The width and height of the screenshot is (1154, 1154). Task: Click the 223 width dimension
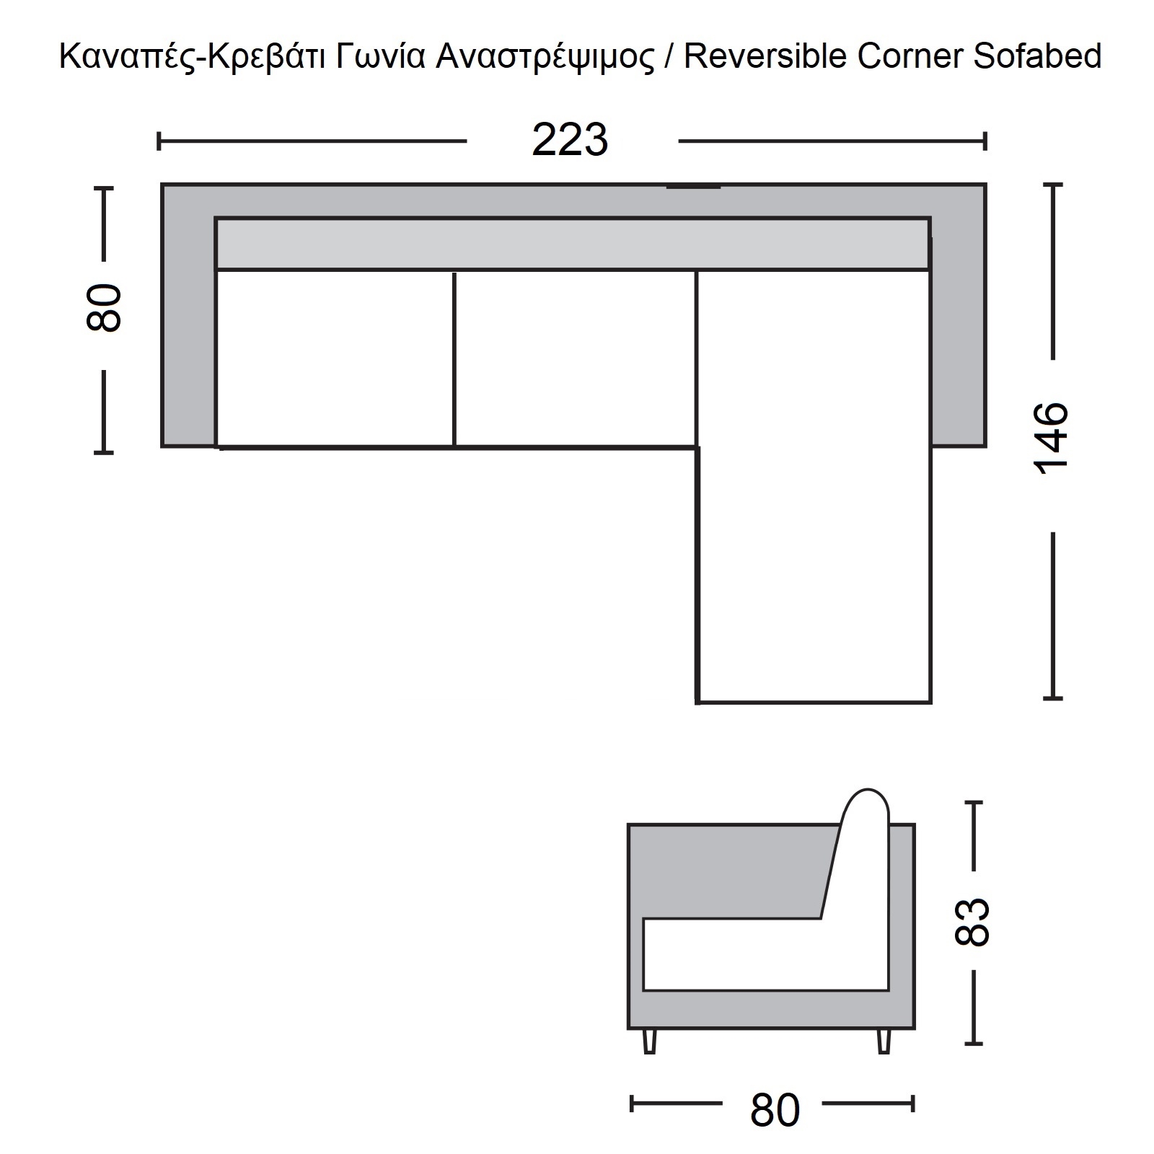[x=570, y=140]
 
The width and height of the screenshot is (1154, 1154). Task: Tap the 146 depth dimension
[x=1052, y=437]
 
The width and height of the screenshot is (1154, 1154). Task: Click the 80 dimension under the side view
[x=775, y=1110]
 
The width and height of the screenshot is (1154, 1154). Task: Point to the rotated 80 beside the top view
[x=104, y=308]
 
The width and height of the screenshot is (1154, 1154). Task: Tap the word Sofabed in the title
[x=1037, y=56]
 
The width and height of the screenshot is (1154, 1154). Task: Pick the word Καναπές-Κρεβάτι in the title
[x=193, y=56]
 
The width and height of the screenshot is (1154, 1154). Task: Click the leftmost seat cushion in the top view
[x=335, y=358]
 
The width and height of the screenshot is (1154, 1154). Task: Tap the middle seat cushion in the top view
[x=575, y=358]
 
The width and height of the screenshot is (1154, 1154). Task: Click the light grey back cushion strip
[x=572, y=243]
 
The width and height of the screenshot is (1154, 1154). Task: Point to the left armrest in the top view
[x=188, y=315]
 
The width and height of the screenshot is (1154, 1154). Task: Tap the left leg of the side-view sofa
[x=650, y=1041]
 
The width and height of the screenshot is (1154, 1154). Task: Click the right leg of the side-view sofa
[x=884, y=1041]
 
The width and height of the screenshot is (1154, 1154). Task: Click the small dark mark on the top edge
[x=693, y=188]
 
